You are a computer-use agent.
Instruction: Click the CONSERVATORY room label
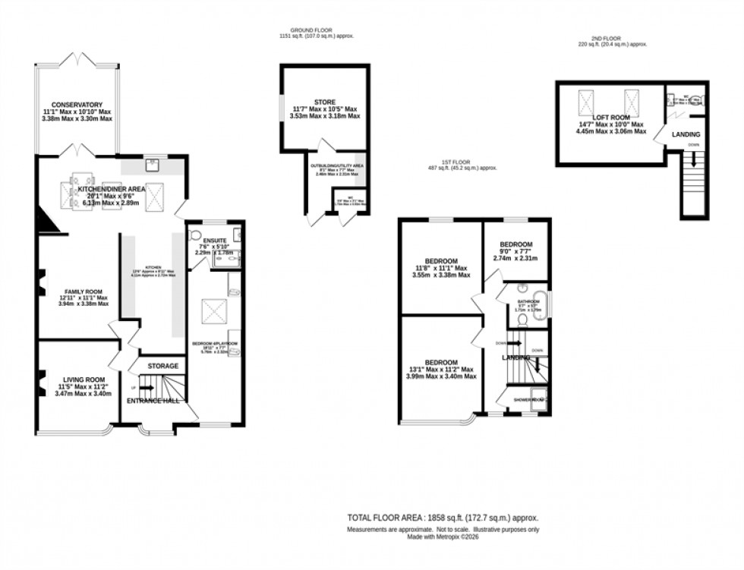coord(77,105)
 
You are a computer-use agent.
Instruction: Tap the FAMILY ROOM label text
coord(76,290)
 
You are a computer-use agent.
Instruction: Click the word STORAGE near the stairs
coord(162,367)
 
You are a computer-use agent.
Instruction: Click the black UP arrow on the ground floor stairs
coord(144,388)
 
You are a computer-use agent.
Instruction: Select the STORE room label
coord(324,102)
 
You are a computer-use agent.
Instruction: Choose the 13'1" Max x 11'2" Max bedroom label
coord(440,362)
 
